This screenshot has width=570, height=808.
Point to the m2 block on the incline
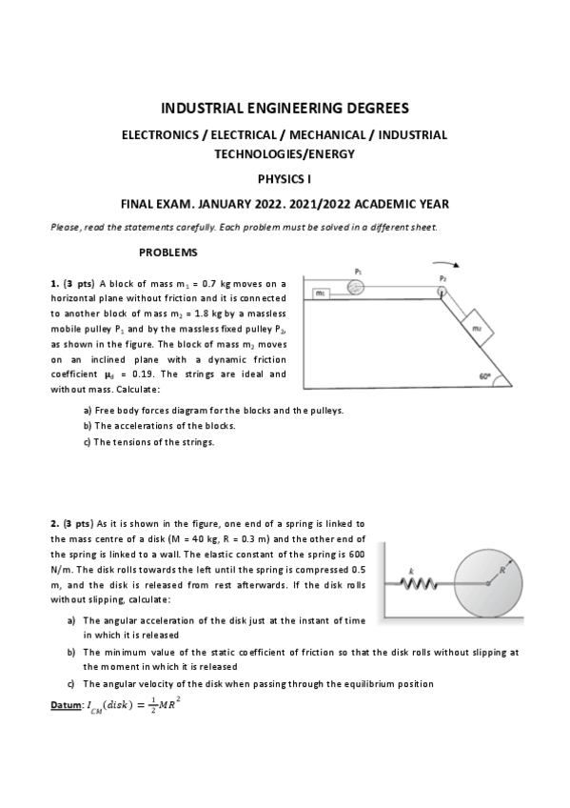[x=477, y=327]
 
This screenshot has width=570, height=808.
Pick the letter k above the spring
[x=411, y=569]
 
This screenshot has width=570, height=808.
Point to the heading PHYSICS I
[x=285, y=178]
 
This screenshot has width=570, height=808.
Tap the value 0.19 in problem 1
[x=115, y=374]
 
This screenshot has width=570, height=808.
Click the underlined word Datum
[x=66, y=704]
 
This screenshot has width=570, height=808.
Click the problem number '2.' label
[x=54, y=523]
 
